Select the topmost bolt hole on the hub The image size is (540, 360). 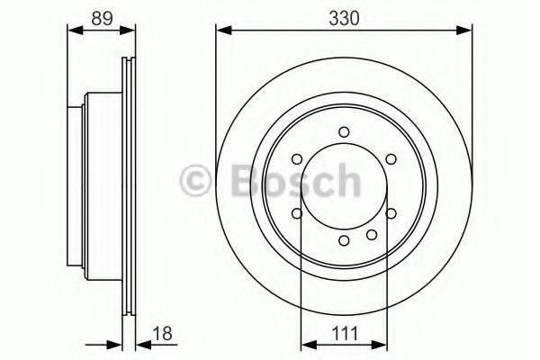pyautogui.click(x=344, y=132)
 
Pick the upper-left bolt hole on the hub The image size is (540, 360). pyautogui.click(x=296, y=159)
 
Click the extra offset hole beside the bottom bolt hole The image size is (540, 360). pyautogui.click(x=370, y=232)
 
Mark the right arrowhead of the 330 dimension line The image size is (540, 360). pyautogui.click(x=467, y=32)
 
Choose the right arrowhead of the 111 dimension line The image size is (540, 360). pyautogui.click(x=382, y=343)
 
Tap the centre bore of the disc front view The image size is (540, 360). pyautogui.click(x=344, y=189)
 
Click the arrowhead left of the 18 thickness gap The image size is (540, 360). pyautogui.click(x=115, y=343)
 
